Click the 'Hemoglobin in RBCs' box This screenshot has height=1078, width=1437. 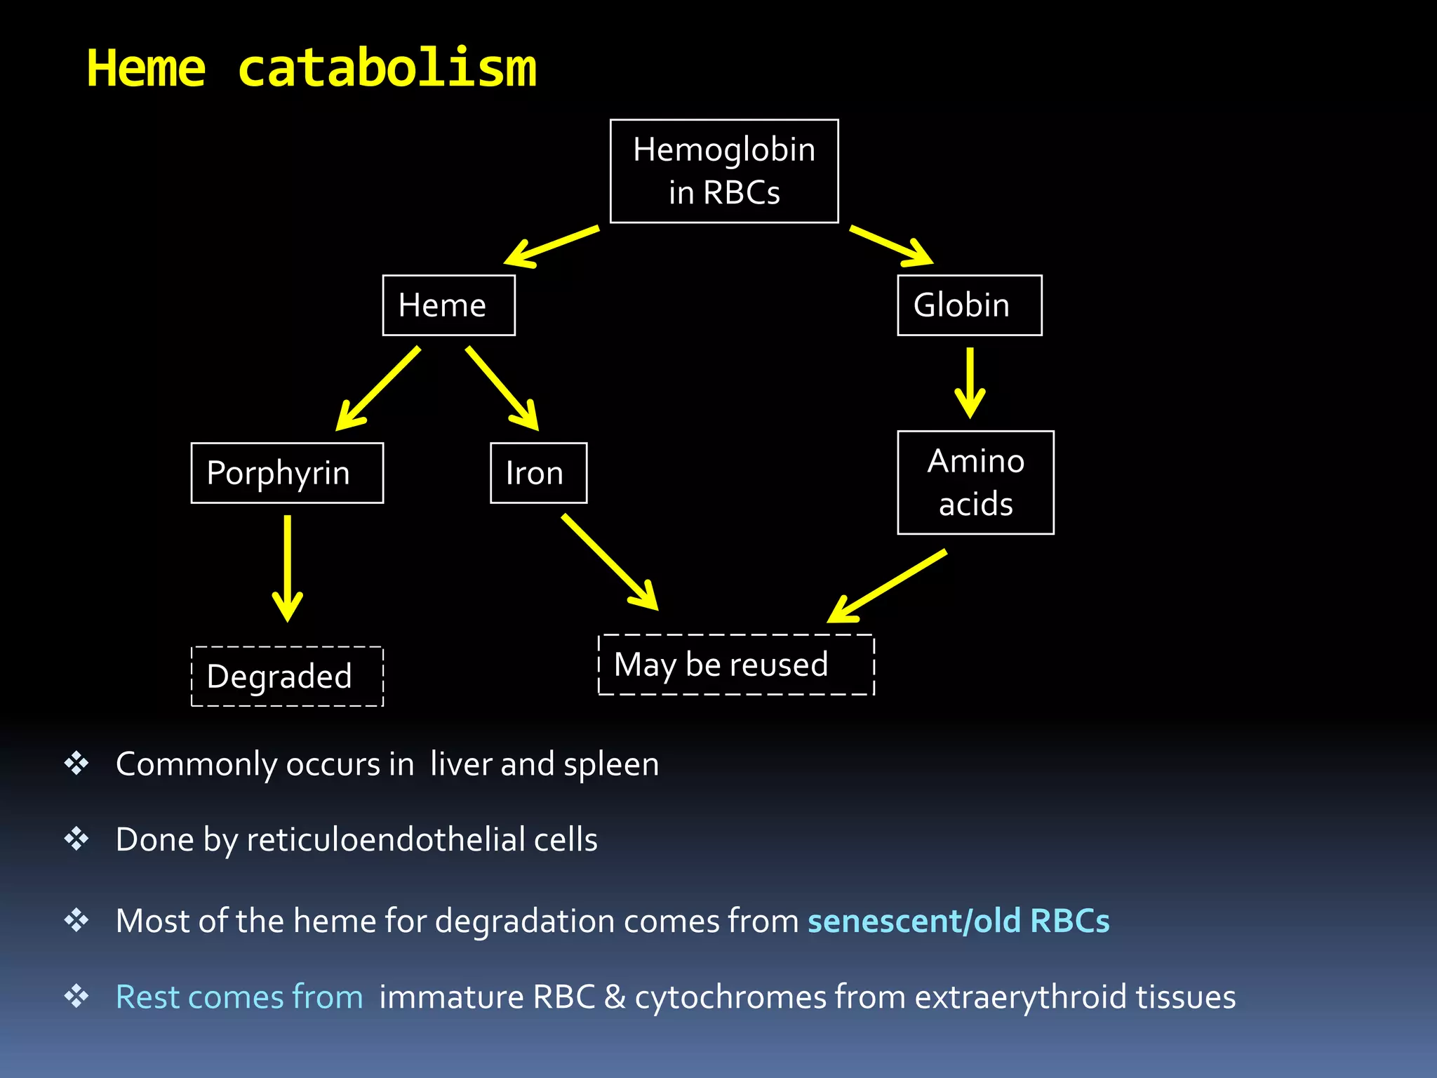724,171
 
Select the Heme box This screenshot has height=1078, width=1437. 448,305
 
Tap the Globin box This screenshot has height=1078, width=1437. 969,305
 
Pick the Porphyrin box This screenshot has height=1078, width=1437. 287,473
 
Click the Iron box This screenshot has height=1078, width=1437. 538,473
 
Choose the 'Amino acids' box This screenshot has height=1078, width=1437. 975,483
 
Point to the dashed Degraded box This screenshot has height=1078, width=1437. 287,677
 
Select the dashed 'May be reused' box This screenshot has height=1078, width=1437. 736,665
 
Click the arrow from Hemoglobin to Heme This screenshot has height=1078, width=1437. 551,246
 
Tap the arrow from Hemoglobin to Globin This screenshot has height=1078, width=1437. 891,246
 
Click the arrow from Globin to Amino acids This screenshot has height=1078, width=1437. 970,382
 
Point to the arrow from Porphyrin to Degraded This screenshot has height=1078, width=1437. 287,568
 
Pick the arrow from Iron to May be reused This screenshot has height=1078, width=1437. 609,561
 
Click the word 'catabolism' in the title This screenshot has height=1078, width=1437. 387,69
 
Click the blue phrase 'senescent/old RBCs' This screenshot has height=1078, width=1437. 958,921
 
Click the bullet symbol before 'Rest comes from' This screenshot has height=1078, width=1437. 76,996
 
